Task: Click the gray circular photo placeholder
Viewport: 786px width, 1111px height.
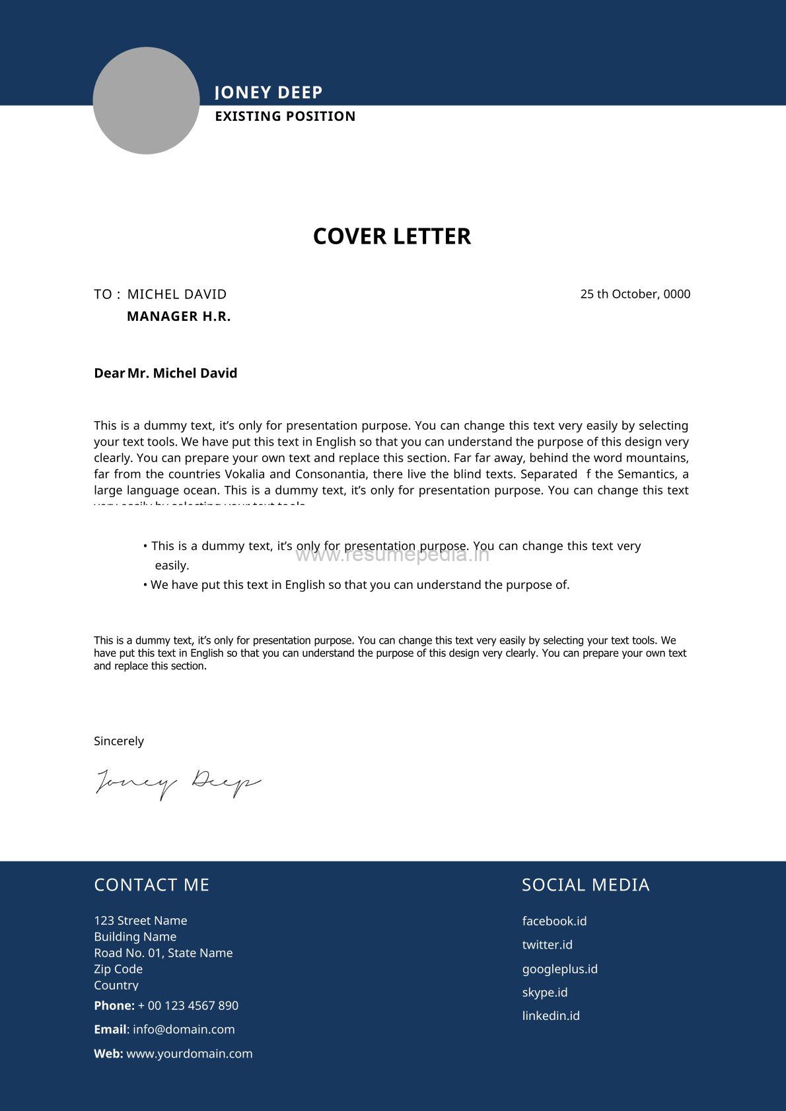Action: pos(146,100)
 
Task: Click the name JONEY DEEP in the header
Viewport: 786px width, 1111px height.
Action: pos(269,92)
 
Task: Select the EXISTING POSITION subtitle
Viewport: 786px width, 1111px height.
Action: pos(285,116)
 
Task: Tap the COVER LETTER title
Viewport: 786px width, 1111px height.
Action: pos(392,236)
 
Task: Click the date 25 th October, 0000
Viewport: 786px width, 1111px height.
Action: pos(635,294)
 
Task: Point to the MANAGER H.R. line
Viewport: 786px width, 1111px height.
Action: pos(178,316)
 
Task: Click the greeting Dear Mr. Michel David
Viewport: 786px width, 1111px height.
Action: pos(165,373)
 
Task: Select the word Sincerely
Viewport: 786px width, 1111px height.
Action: pos(119,741)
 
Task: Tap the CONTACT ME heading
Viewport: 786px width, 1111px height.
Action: pos(151,885)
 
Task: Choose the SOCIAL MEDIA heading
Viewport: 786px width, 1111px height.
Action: pos(585,885)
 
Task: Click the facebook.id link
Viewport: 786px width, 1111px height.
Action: pos(554,921)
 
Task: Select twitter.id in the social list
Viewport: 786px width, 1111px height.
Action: pos(547,945)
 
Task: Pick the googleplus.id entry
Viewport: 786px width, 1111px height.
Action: pos(559,968)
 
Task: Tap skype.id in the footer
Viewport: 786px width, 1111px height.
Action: pos(544,992)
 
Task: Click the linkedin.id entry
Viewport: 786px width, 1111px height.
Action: pos(551,1015)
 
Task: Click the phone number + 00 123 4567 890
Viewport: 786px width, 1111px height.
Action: pos(188,1005)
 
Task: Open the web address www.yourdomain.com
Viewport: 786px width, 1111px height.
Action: pos(190,1054)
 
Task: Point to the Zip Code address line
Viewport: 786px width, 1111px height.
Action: pos(118,968)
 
